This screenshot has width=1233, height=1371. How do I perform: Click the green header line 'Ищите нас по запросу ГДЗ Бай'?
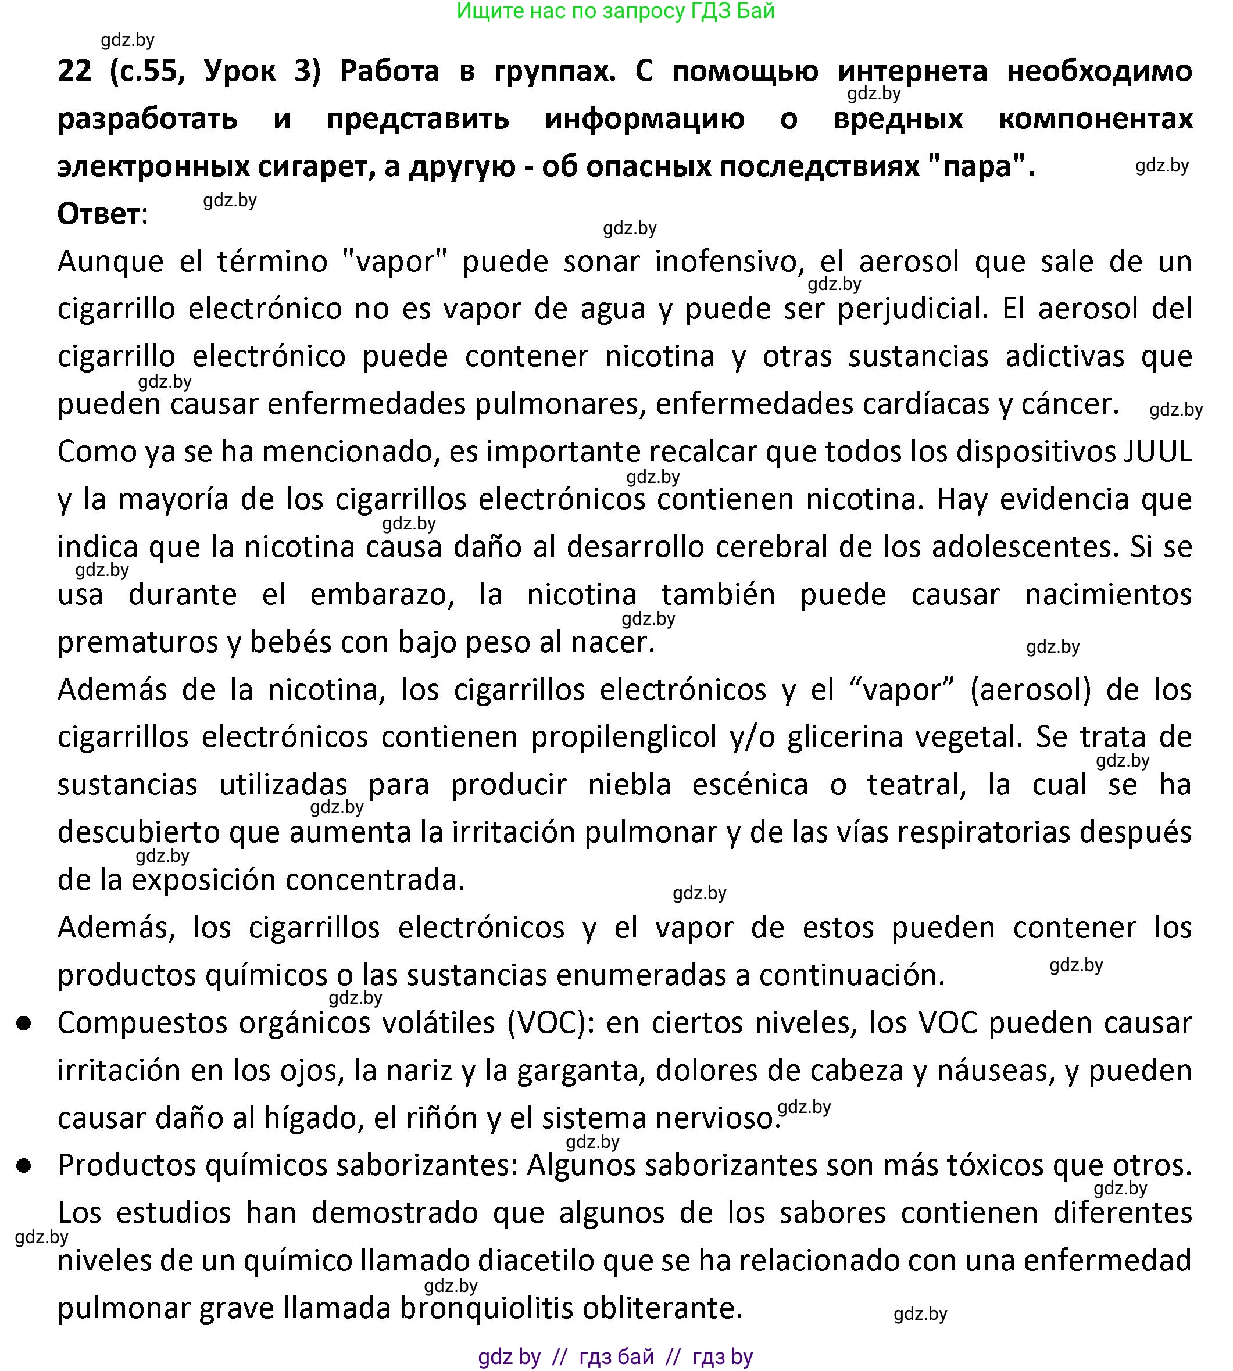pyautogui.click(x=615, y=12)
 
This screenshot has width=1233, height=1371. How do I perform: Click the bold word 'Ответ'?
pyautogui.click(x=99, y=214)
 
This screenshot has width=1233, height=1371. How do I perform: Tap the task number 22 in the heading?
pyautogui.click(x=74, y=71)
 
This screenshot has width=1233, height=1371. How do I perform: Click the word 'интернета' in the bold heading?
pyautogui.click(x=913, y=71)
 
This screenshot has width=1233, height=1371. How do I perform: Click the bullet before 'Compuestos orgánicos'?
pyautogui.click(x=25, y=1023)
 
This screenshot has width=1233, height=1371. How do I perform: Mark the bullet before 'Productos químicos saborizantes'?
pyautogui.click(x=25, y=1166)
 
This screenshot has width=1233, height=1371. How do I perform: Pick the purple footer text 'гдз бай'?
pyautogui.click(x=616, y=1357)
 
